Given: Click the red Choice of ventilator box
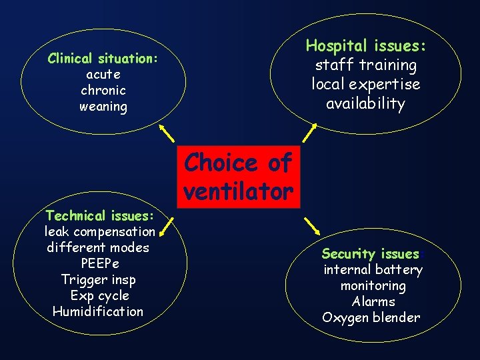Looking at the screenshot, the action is tap(238, 177).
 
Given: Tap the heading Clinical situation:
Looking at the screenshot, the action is tap(103, 59).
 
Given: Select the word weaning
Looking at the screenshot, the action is tap(103, 107).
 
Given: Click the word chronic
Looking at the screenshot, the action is tap(103, 91).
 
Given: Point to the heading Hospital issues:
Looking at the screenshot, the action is tap(365, 46).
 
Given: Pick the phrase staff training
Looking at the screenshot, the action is tap(365, 65).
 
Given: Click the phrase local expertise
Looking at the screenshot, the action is tap(365, 85).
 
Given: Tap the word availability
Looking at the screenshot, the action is tap(365, 104).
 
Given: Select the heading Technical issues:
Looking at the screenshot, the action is tap(99, 216).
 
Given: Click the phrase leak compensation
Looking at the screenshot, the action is tap(99, 232).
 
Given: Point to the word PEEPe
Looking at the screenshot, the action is tap(99, 264).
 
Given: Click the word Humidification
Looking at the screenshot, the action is tap(97, 312).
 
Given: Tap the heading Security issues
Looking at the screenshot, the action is tap(371, 254).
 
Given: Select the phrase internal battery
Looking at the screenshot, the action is tap(373, 270).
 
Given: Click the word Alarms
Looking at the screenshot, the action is tap(373, 302).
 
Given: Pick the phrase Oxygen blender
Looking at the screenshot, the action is tap(371, 318).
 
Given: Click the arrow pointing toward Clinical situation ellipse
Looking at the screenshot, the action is tap(169, 135).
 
